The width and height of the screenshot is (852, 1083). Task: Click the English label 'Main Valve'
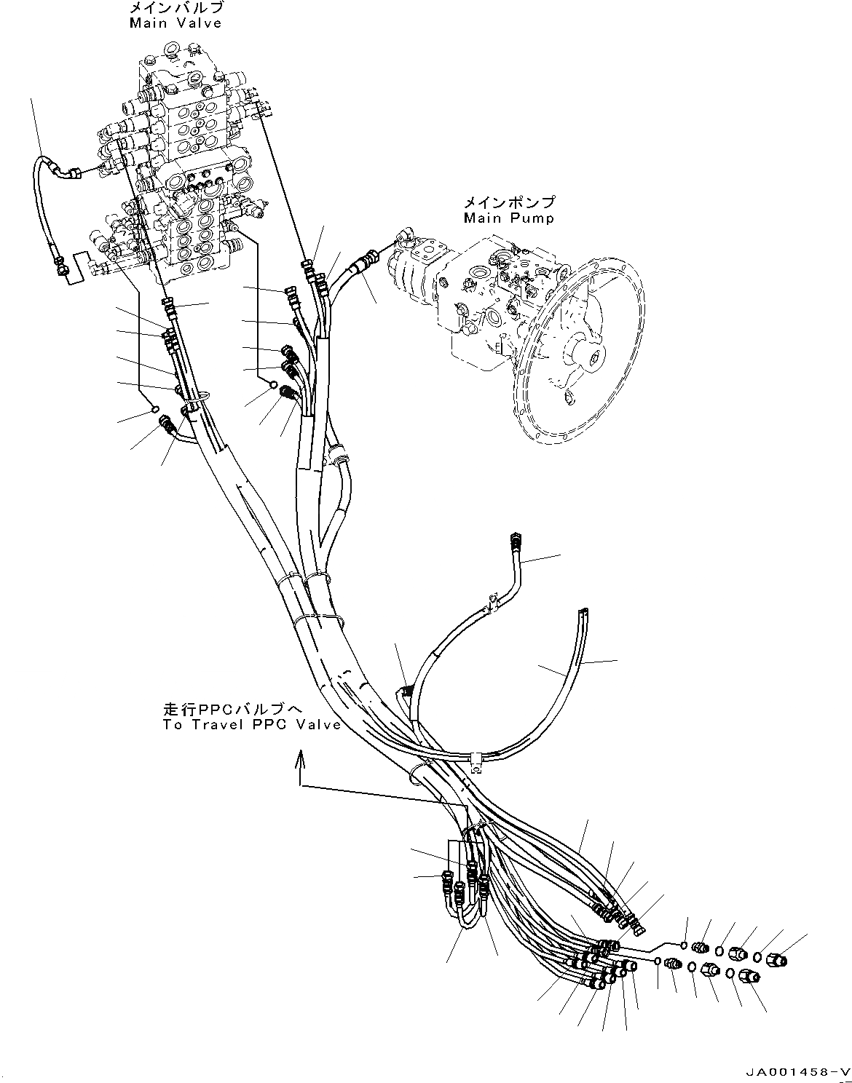point(175,23)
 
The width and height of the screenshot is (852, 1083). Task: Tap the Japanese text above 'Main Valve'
point(176,9)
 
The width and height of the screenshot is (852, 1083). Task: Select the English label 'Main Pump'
point(509,218)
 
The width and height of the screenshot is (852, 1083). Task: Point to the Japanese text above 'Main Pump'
point(509,202)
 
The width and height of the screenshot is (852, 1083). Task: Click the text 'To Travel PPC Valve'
point(252,725)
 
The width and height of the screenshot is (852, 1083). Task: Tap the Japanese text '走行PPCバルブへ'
point(232,709)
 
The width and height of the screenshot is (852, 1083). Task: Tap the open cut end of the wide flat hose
point(583,613)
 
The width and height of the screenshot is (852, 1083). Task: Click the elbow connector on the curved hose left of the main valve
point(71,172)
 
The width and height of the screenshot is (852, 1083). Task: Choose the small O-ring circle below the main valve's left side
point(155,410)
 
